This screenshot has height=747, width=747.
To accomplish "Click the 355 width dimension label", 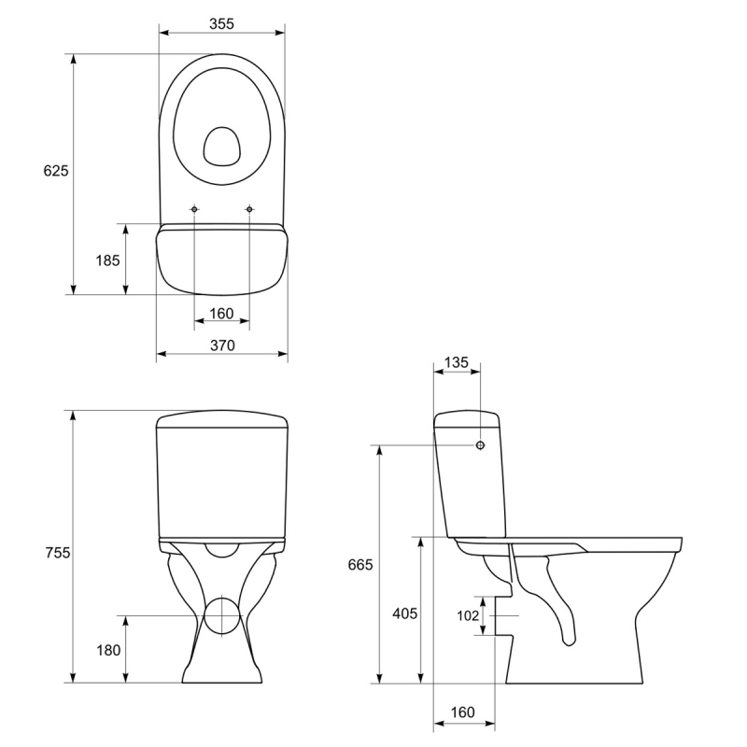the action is point(221,24).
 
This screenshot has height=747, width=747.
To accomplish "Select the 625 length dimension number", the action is point(56,171).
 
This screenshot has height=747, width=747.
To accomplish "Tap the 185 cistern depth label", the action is point(107,261).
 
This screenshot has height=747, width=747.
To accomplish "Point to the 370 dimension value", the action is point(222,345).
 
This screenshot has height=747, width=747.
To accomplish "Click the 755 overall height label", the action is point(58,553).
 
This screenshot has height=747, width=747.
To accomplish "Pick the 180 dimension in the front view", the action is point(108,650).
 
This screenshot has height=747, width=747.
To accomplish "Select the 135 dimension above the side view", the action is point(457,362).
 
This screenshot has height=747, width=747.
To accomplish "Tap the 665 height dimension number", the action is point(360,565).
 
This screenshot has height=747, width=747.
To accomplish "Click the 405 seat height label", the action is point(405,613).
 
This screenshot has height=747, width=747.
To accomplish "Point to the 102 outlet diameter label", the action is point(468,616).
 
